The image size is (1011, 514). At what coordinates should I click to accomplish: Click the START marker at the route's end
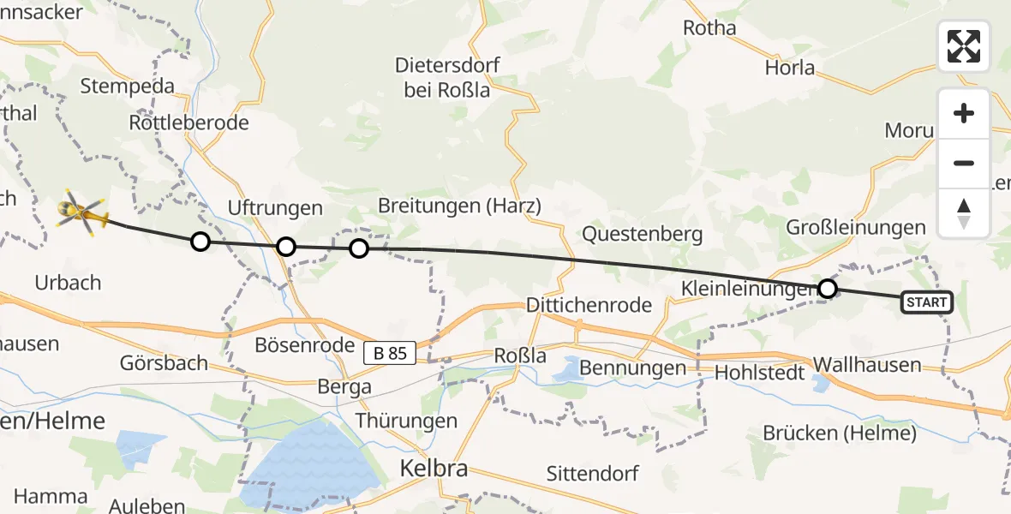pyautogui.click(x=926, y=302)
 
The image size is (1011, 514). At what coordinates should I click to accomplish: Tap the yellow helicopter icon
pyautogui.click(x=81, y=212)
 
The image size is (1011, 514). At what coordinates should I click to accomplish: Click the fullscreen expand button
pyautogui.click(x=964, y=46)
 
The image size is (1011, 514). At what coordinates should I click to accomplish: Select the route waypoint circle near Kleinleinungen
pyautogui.click(x=827, y=289)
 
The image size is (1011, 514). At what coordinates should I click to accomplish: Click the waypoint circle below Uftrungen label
pyautogui.click(x=286, y=247)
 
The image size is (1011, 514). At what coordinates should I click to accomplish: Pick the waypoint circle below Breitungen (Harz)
pyautogui.click(x=359, y=248)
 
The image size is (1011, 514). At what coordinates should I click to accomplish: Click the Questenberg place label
pyautogui.click(x=642, y=233)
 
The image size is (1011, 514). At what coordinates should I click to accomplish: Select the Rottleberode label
pyautogui.click(x=188, y=123)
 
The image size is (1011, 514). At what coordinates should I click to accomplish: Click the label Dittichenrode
pyautogui.click(x=589, y=305)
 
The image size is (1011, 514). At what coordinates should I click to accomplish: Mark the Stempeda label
pyautogui.click(x=127, y=86)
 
